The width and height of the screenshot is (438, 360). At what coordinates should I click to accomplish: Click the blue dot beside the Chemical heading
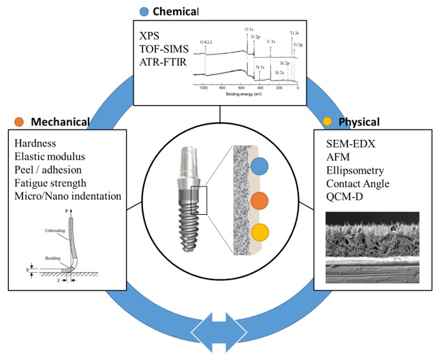point(143,11)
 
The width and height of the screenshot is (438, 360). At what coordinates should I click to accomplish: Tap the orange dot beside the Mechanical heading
point(18,122)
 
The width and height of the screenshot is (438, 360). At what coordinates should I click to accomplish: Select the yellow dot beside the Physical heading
point(327,122)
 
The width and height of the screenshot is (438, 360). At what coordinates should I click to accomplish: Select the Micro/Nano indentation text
point(67,196)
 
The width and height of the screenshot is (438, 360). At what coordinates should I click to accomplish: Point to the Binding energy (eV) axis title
point(248,95)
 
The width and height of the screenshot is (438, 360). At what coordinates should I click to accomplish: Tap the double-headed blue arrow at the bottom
point(219,331)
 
